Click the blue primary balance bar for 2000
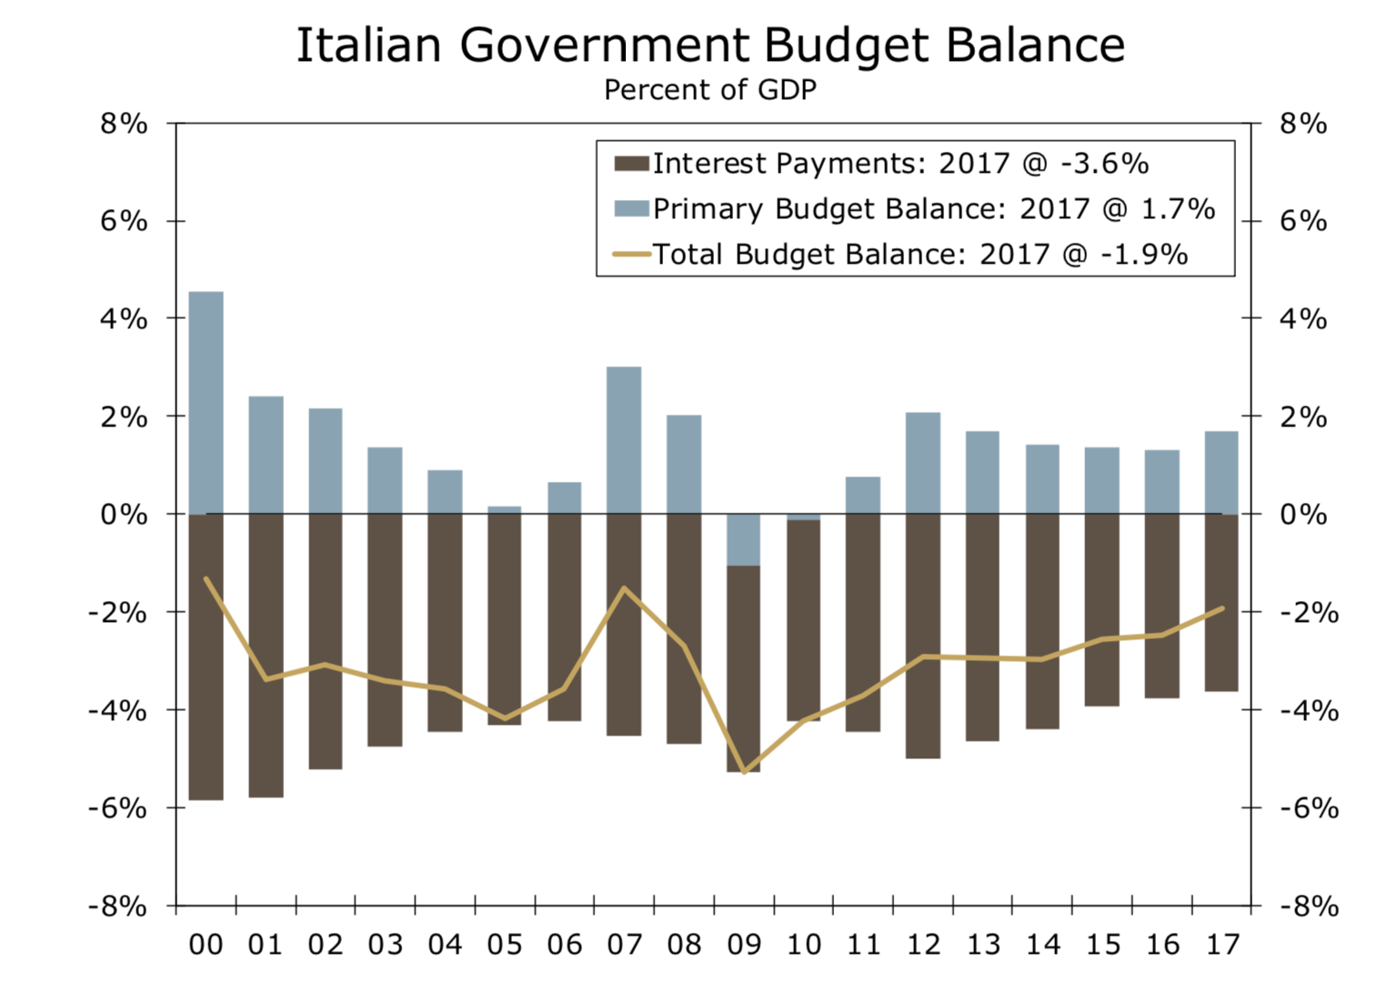206,403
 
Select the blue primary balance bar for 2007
624,440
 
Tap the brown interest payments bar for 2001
266,655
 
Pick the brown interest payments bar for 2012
923,636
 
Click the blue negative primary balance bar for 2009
744,540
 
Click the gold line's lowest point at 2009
744,772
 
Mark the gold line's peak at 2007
624,588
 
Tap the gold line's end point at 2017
1221,608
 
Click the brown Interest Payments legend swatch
631,164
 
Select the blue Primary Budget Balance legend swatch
631,208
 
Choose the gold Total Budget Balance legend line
631,254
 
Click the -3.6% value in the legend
1104,164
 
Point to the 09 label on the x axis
744,946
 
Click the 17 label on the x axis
1222,946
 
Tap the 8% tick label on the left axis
124,124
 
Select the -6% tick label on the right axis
1309,808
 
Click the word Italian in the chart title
369,45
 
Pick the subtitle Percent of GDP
710,90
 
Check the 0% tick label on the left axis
124,515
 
